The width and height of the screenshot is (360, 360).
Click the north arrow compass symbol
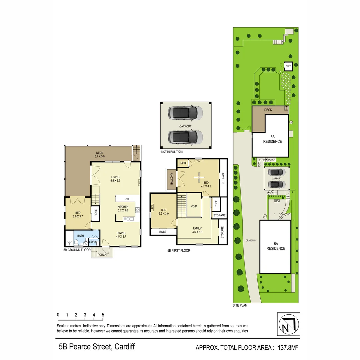tap(288, 324)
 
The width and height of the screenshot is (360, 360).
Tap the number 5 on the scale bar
tap(103, 315)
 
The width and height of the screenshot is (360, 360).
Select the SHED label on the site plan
tap(288, 66)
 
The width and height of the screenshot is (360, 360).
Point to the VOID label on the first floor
tap(194, 206)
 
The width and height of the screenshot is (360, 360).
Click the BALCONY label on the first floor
tap(172, 179)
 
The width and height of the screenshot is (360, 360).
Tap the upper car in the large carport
tap(185, 113)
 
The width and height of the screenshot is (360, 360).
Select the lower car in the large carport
tap(185, 137)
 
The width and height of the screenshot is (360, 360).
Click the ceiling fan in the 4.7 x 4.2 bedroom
tap(199, 176)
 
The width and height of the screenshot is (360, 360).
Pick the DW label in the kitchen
tap(127, 199)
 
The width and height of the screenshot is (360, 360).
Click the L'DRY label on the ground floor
tap(93, 242)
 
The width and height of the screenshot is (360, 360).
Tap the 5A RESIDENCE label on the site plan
tap(276, 246)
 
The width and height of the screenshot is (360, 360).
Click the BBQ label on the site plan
tap(277, 201)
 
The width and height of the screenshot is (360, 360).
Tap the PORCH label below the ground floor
tap(102, 255)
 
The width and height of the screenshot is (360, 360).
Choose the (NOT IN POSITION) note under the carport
tap(172, 152)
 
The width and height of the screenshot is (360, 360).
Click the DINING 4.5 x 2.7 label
tap(121, 235)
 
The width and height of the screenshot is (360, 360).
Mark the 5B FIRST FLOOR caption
tap(179, 250)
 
